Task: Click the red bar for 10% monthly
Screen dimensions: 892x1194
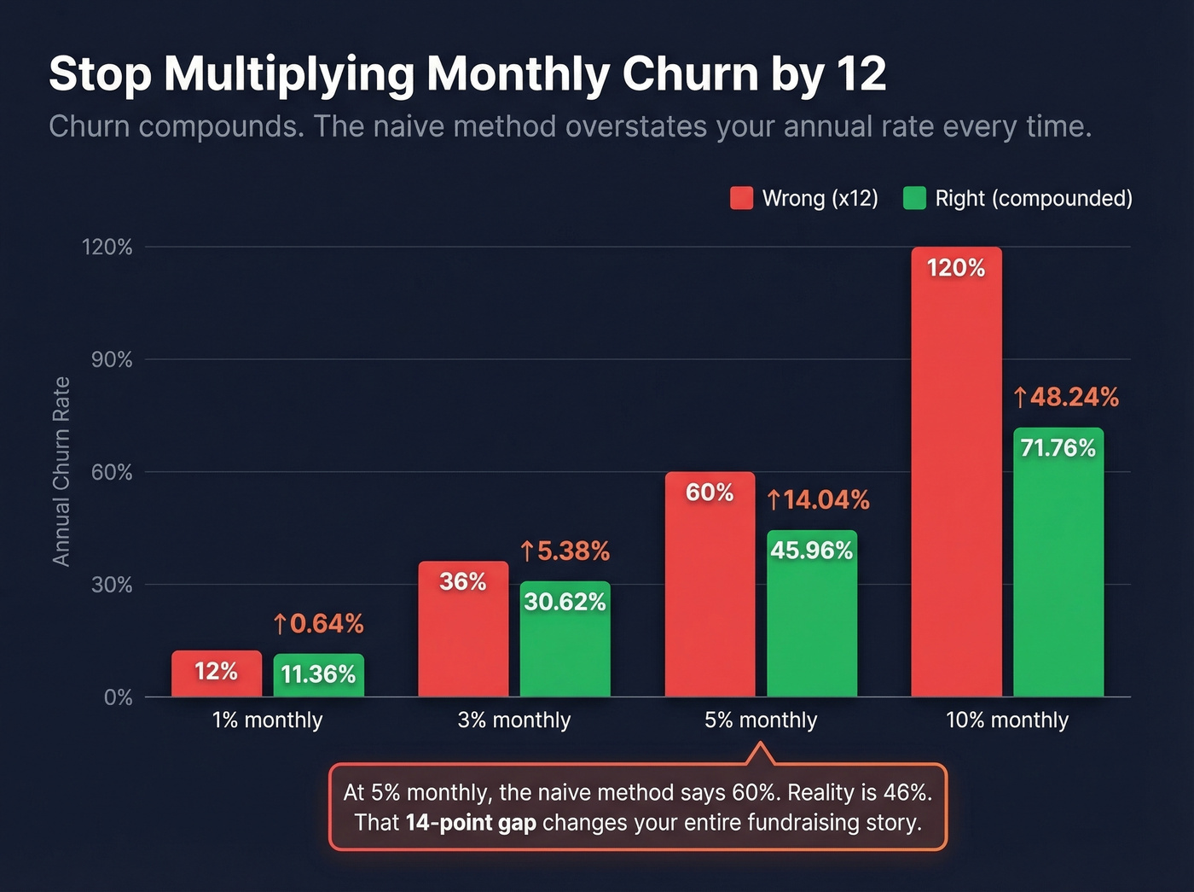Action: (956, 478)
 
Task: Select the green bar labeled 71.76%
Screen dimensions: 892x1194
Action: (1058, 563)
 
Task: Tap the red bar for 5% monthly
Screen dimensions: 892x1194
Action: (710, 589)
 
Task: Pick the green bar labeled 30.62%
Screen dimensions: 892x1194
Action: (565, 640)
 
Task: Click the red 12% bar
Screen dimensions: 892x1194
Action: (217, 673)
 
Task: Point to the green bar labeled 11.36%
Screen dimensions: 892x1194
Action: (318, 675)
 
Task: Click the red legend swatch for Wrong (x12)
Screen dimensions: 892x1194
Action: (741, 198)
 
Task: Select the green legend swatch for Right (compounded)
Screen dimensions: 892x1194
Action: (914, 198)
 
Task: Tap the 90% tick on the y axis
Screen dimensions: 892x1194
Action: (112, 359)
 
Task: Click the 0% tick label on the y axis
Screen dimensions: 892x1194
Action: (118, 697)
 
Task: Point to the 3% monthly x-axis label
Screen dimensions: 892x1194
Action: (513, 720)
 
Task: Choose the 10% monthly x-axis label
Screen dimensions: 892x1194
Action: (1006, 720)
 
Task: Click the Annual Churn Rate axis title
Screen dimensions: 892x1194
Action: (61, 471)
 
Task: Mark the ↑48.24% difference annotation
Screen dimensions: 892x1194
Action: (1065, 397)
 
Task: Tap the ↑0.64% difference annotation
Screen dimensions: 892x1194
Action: (318, 624)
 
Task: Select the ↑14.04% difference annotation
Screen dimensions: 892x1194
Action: (818, 499)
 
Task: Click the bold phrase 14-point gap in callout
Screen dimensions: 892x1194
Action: (471, 823)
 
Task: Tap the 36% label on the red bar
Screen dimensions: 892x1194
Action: (462, 581)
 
